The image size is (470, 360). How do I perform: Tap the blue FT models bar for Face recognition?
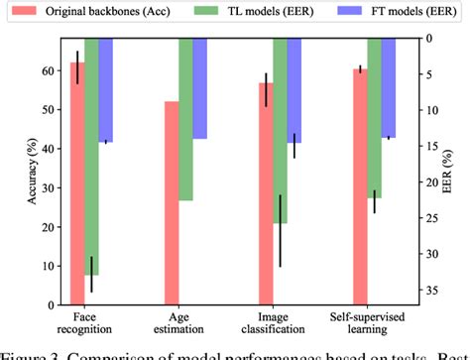105,90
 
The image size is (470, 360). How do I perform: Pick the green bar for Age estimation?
185,119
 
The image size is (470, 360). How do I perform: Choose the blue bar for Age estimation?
199,88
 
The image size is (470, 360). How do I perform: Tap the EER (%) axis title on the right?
451,172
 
